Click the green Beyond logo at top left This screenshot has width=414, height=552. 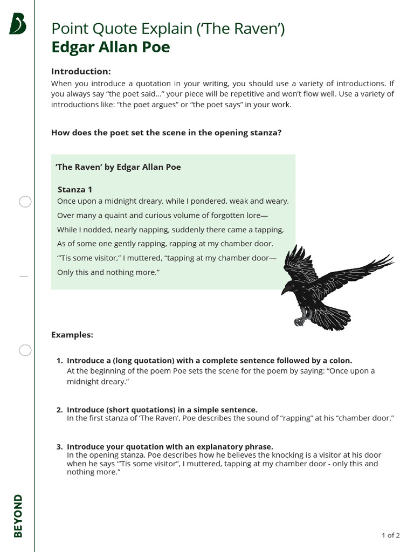pos(18,24)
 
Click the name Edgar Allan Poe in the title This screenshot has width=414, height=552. pos(111,47)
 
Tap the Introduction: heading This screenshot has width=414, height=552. pos(81,71)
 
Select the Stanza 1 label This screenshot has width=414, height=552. pos(75,189)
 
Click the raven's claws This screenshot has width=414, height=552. pos(299,321)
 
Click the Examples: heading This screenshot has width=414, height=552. pos(72,335)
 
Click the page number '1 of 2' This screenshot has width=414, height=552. pos(390,535)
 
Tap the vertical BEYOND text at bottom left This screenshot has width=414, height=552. pos(18,515)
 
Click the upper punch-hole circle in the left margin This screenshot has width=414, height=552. pos(25,202)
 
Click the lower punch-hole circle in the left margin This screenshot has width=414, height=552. pos(25,350)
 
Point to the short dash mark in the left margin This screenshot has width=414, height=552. pos(23,276)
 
